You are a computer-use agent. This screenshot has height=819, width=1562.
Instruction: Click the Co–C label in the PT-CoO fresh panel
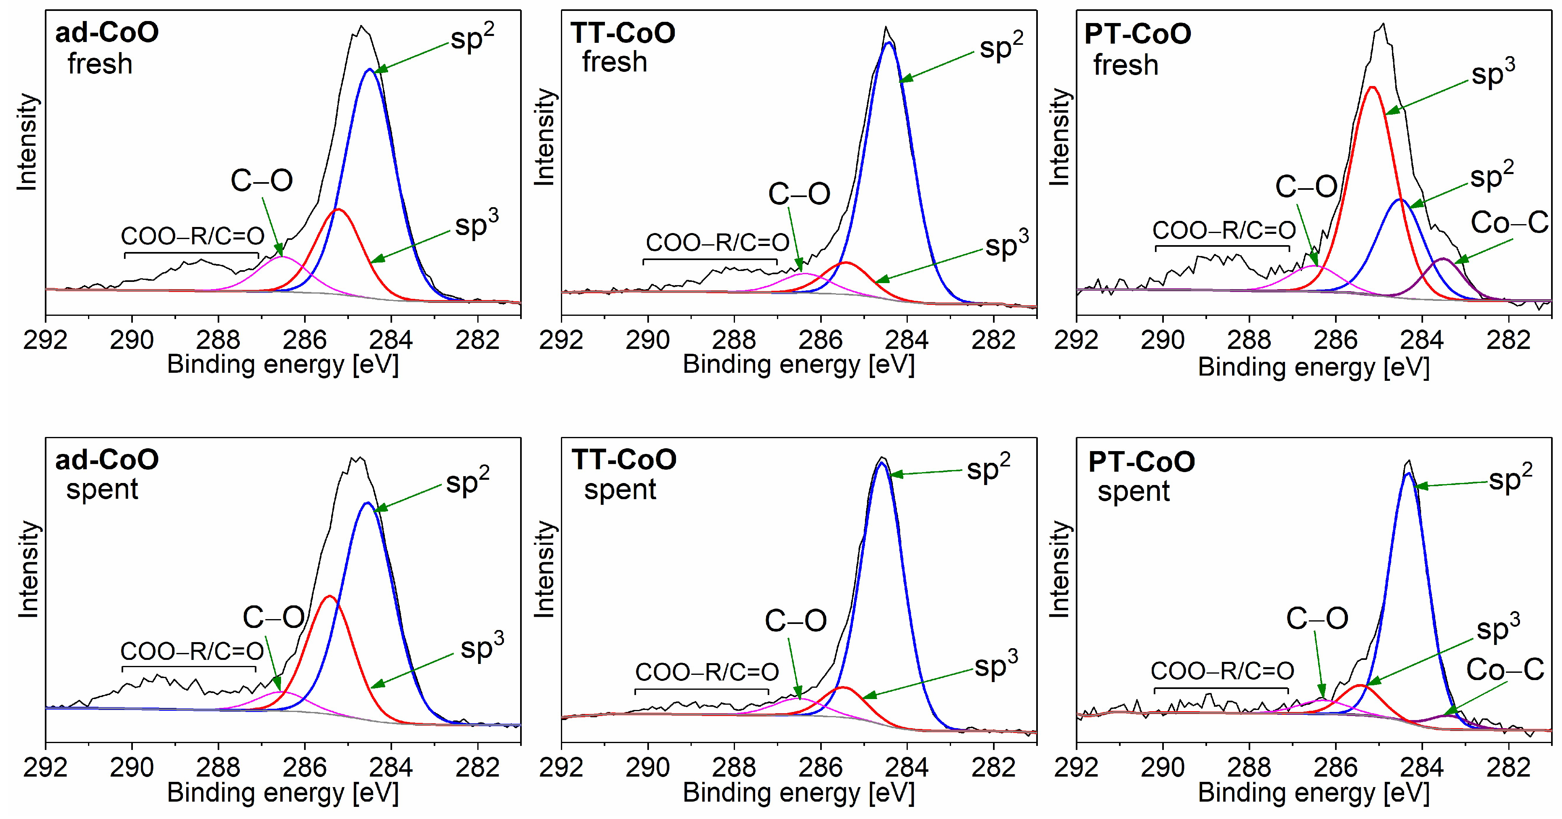click(1509, 223)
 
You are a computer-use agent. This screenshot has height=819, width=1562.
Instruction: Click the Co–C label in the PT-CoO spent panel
click(1505, 670)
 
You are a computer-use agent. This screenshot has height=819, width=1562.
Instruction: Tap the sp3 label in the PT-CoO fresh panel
click(1493, 74)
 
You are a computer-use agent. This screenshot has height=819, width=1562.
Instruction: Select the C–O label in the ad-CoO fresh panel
click(261, 181)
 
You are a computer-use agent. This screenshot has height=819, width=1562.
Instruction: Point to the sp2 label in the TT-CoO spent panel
click(989, 468)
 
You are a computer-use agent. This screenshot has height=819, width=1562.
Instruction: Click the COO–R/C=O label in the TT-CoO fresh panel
click(717, 242)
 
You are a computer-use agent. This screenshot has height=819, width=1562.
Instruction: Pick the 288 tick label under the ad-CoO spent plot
click(218, 768)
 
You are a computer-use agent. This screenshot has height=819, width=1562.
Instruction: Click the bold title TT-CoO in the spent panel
click(624, 460)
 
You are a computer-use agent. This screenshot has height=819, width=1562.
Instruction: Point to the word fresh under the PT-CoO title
click(1125, 65)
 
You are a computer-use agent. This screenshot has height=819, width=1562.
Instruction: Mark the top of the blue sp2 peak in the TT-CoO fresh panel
click(888, 42)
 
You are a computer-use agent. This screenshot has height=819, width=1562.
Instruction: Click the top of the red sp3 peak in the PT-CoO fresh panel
click(1372, 87)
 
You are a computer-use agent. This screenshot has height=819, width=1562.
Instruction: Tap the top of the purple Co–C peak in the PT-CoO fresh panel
click(1443, 259)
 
